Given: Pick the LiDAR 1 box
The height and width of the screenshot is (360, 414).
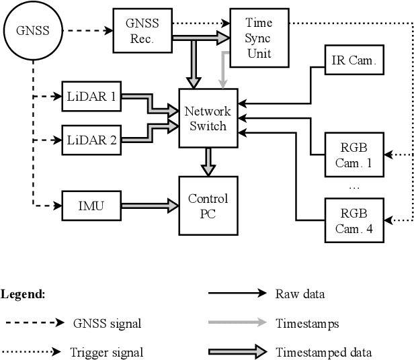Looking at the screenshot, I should pyautogui.click(x=90, y=96).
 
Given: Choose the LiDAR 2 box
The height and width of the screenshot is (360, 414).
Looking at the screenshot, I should pyautogui.click(x=90, y=140).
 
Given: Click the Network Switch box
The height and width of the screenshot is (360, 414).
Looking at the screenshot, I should pyautogui.click(x=208, y=118).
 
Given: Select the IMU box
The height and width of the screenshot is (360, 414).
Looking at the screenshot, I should pyautogui.click(x=90, y=204).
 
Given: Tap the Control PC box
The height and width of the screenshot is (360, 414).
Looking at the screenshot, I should pyautogui.click(x=208, y=206).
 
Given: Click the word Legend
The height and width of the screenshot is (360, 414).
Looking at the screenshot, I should pyautogui.click(x=22, y=294).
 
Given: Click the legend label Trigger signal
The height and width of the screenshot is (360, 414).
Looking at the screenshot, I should pyautogui.click(x=106, y=352).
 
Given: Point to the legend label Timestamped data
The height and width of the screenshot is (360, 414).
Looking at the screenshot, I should pyautogui.click(x=323, y=352).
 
